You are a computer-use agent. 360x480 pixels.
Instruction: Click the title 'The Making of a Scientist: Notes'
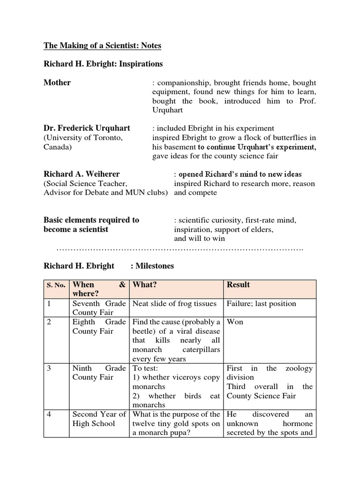point(102,45)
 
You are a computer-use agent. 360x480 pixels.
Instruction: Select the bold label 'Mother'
point(57,82)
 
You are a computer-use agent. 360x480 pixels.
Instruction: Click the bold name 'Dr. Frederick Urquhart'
point(87,128)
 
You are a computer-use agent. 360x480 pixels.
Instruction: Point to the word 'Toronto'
point(109,137)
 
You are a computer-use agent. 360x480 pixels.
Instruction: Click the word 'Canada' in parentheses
point(58,147)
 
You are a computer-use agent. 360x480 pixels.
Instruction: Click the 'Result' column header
point(238,285)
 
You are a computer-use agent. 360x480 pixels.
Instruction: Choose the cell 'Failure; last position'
point(261,303)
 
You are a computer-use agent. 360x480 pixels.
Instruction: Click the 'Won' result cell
point(235,322)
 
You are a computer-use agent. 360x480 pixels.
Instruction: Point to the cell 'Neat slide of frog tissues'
point(174,303)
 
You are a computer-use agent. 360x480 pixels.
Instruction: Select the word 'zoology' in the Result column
point(298,368)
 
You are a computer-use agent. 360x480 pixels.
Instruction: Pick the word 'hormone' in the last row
point(297,423)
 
